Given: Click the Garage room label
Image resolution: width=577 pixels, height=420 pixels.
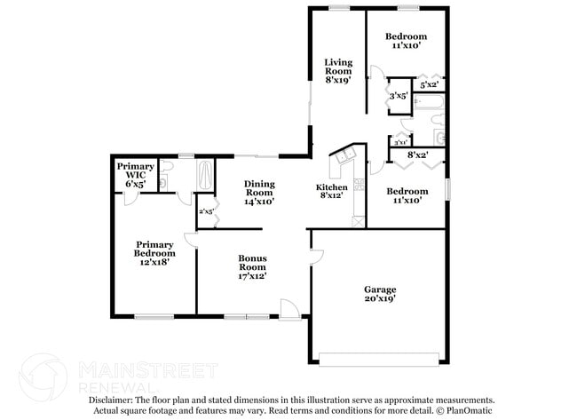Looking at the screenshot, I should (380, 295).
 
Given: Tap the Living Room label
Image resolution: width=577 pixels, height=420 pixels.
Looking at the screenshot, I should (338, 71).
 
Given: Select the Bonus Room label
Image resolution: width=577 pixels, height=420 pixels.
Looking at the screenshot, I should (252, 266).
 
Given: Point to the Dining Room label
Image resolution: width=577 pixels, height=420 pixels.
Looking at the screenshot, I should (259, 193).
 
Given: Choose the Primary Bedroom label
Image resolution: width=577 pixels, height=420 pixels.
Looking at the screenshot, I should (152, 253).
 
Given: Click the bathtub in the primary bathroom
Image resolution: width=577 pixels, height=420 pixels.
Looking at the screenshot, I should (204, 173).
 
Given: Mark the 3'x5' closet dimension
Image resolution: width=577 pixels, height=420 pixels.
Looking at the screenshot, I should (398, 95).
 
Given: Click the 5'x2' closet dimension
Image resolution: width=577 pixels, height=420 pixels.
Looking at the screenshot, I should (430, 84).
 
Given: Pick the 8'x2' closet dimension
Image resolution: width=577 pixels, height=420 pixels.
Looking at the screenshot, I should (417, 155).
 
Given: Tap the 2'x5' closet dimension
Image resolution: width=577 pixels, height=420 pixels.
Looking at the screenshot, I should (205, 211).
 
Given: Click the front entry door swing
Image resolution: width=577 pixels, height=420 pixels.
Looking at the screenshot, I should (289, 308).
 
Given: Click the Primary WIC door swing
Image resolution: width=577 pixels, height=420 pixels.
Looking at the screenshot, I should (129, 198).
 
